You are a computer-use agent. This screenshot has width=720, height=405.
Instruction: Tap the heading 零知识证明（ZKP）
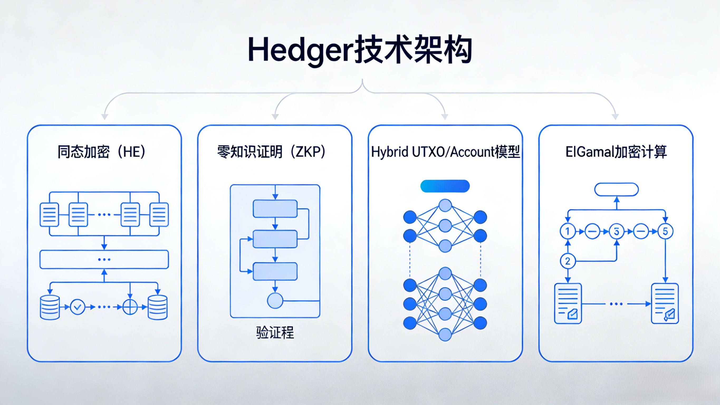(x=271, y=152)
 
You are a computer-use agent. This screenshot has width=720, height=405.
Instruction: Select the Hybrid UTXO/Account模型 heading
(x=445, y=152)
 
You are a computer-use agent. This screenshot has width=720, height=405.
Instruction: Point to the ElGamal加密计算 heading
(x=616, y=152)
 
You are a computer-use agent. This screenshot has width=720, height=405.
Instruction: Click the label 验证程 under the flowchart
(x=275, y=332)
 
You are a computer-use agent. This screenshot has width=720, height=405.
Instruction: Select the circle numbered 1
(x=568, y=231)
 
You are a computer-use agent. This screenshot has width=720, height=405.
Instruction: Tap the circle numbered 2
(x=568, y=261)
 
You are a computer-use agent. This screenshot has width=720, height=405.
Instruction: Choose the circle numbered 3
(x=616, y=231)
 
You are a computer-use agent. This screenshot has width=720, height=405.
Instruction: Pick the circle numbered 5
(x=665, y=231)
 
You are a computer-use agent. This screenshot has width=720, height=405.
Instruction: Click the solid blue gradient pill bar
(x=445, y=186)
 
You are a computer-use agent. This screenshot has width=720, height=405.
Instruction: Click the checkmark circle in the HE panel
(x=78, y=307)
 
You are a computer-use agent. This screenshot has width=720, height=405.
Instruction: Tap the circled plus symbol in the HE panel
(x=130, y=307)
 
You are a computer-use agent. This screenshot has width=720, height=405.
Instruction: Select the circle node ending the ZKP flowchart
(x=275, y=301)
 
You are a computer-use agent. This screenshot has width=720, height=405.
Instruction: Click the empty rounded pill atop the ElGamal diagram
(x=616, y=190)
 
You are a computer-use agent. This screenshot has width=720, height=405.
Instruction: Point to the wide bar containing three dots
(x=104, y=259)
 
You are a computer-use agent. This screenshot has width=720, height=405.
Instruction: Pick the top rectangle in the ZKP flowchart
(x=275, y=209)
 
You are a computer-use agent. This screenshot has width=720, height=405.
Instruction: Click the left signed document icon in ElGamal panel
(x=568, y=303)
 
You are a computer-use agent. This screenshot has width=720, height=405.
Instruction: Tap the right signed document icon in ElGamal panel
(x=665, y=303)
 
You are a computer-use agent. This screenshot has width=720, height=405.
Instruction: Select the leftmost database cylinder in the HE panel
(x=50, y=307)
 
